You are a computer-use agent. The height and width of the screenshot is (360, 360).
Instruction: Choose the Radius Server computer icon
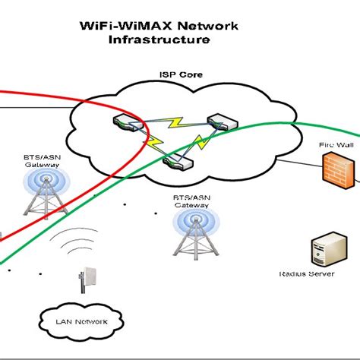[x=321, y=254]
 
